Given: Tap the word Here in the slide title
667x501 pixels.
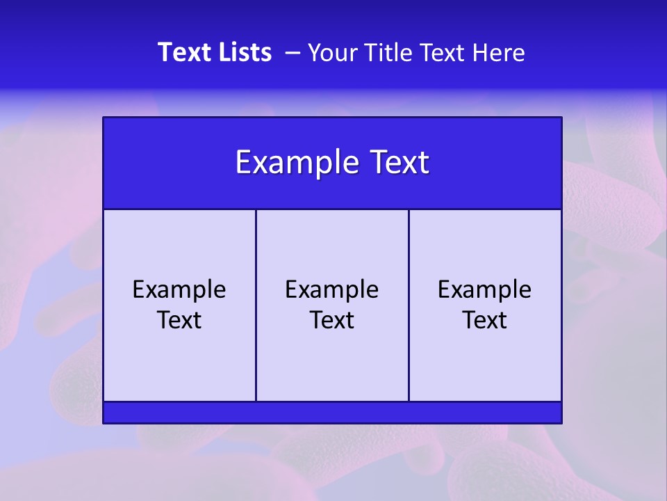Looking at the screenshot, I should [x=498, y=52].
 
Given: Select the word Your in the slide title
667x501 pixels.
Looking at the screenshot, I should [x=331, y=52].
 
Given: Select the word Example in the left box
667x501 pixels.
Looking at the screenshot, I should [x=179, y=289].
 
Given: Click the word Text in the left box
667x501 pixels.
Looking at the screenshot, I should [x=179, y=320].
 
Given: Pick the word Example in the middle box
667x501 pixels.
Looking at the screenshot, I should [x=332, y=289].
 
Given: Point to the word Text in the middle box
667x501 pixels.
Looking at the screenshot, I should [x=332, y=320].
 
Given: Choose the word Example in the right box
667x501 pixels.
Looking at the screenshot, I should [x=485, y=289].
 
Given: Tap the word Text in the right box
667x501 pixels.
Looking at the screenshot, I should [x=485, y=320].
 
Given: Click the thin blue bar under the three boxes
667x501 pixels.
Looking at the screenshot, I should [x=332, y=413].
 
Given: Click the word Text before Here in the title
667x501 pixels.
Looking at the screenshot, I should [x=441, y=52].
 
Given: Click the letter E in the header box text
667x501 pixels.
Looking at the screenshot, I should [x=243, y=163].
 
